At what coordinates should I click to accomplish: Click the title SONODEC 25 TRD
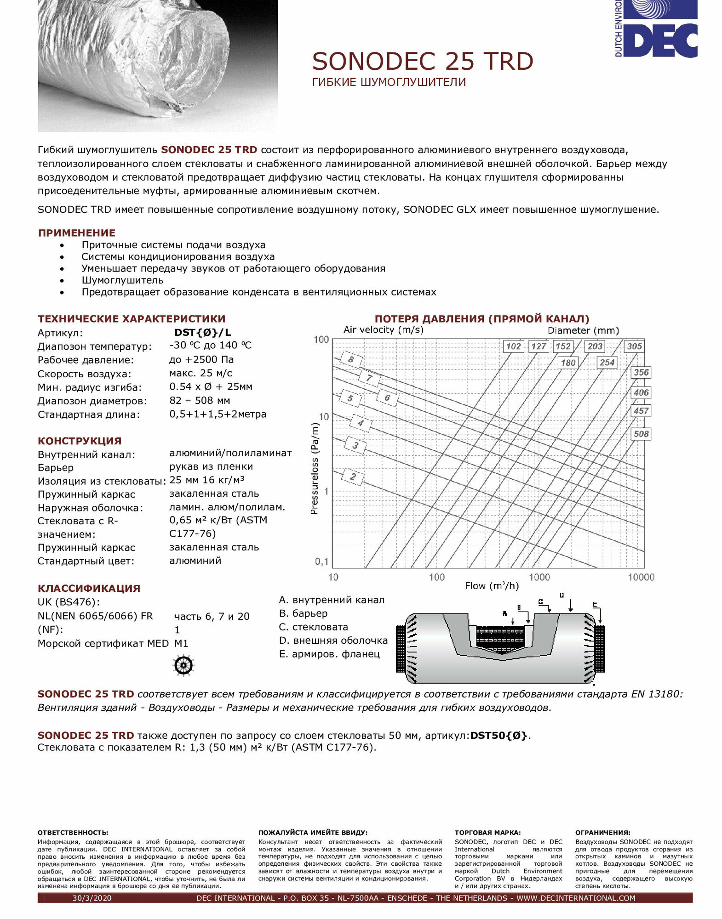click(422, 62)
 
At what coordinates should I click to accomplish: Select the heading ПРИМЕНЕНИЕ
click(76, 233)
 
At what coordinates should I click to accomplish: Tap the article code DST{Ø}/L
click(202, 332)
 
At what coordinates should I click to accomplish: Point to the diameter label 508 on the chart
click(641, 434)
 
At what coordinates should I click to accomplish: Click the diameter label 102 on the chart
click(513, 346)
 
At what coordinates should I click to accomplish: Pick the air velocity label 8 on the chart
click(351, 359)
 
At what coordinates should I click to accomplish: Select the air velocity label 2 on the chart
click(353, 477)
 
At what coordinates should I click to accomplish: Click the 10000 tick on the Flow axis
click(641, 577)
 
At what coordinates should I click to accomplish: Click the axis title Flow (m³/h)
click(492, 586)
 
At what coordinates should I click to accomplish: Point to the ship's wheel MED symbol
click(183, 665)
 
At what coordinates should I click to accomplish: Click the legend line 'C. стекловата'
click(314, 627)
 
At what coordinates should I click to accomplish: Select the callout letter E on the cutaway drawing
click(595, 605)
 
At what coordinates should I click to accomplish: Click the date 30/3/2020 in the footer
click(92, 898)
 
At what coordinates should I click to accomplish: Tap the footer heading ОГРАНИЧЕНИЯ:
click(602, 832)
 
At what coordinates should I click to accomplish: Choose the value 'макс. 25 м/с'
click(201, 373)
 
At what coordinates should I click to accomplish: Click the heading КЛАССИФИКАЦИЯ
click(89, 588)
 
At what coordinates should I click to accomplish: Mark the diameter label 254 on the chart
click(607, 363)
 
